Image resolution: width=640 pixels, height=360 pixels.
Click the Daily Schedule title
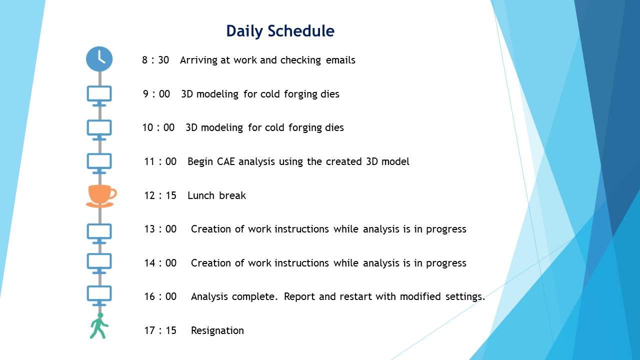(280, 31)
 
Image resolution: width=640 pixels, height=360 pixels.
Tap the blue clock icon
(99, 59)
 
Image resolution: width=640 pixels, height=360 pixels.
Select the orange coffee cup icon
(101, 196)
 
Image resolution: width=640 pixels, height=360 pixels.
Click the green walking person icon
(99, 325)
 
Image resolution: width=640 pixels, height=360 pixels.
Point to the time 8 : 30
(155, 60)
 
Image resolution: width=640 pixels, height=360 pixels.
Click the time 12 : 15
(160, 195)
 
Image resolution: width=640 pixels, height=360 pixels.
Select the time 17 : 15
(160, 330)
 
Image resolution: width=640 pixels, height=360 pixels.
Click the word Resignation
(217, 331)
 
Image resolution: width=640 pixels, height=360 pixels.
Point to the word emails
(340, 60)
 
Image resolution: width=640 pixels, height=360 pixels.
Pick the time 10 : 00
(158, 127)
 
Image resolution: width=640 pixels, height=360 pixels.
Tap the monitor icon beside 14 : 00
(99, 263)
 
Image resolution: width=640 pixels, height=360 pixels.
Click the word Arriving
(198, 60)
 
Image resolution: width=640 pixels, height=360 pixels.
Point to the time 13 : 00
(160, 229)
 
